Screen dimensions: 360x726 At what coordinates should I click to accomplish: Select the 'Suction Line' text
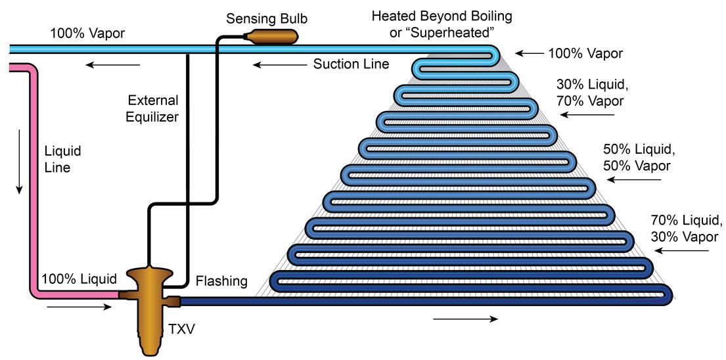351,64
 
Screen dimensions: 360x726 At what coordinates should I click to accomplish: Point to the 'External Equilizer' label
153,108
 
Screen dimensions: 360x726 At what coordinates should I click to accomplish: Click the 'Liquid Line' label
62,159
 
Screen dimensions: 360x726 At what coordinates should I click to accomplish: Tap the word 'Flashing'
221,282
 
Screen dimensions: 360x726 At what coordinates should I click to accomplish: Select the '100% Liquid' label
79,279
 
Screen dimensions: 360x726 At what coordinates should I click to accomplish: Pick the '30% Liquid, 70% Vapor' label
589,93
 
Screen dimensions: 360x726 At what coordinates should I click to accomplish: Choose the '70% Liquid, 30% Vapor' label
686,228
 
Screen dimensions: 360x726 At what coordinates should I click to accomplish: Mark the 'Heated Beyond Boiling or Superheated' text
442,24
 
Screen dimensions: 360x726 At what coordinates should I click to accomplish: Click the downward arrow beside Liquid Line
20,161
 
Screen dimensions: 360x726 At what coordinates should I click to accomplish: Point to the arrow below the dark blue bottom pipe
466,319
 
